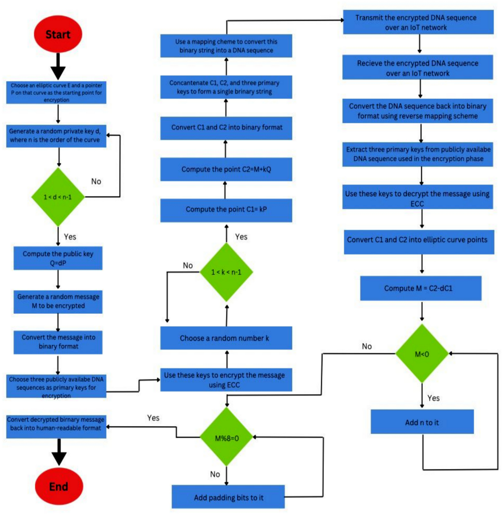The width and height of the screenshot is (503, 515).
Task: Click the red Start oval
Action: pyautogui.click(x=58, y=34)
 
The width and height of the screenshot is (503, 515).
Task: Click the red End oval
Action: pyautogui.click(x=59, y=486)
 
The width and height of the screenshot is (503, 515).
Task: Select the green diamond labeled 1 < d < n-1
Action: pyautogui.click(x=58, y=197)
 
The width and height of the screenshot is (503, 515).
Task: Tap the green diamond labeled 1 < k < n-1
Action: pyautogui.click(x=226, y=272)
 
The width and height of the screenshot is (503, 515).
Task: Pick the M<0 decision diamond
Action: pyautogui.click(x=422, y=354)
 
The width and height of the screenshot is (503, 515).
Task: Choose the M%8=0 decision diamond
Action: pyautogui.click(x=226, y=438)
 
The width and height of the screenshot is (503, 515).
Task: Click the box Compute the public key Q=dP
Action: pyautogui.click(x=58, y=259)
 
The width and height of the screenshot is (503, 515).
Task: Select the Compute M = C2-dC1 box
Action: pyautogui.click(x=420, y=288)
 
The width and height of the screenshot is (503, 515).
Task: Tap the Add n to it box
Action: pyautogui.click(x=422, y=422)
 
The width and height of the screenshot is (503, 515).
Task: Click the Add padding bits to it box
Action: pyautogui.click(x=228, y=497)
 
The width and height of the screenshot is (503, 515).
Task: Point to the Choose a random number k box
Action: pyautogui.click(x=226, y=338)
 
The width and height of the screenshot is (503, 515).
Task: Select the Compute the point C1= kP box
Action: pyautogui.click(x=226, y=210)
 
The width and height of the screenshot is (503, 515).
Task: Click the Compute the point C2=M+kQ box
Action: pyautogui.click(x=226, y=169)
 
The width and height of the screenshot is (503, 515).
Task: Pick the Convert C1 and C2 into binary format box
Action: pyautogui.click(x=226, y=127)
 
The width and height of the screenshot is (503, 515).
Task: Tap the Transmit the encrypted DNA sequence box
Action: pyautogui.click(x=418, y=23)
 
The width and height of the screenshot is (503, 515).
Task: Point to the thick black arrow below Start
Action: pyautogui.click(x=58, y=66)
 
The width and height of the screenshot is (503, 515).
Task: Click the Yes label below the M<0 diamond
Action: pyautogui.click(x=433, y=398)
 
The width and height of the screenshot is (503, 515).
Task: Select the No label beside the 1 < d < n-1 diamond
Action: pyautogui.click(x=96, y=181)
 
